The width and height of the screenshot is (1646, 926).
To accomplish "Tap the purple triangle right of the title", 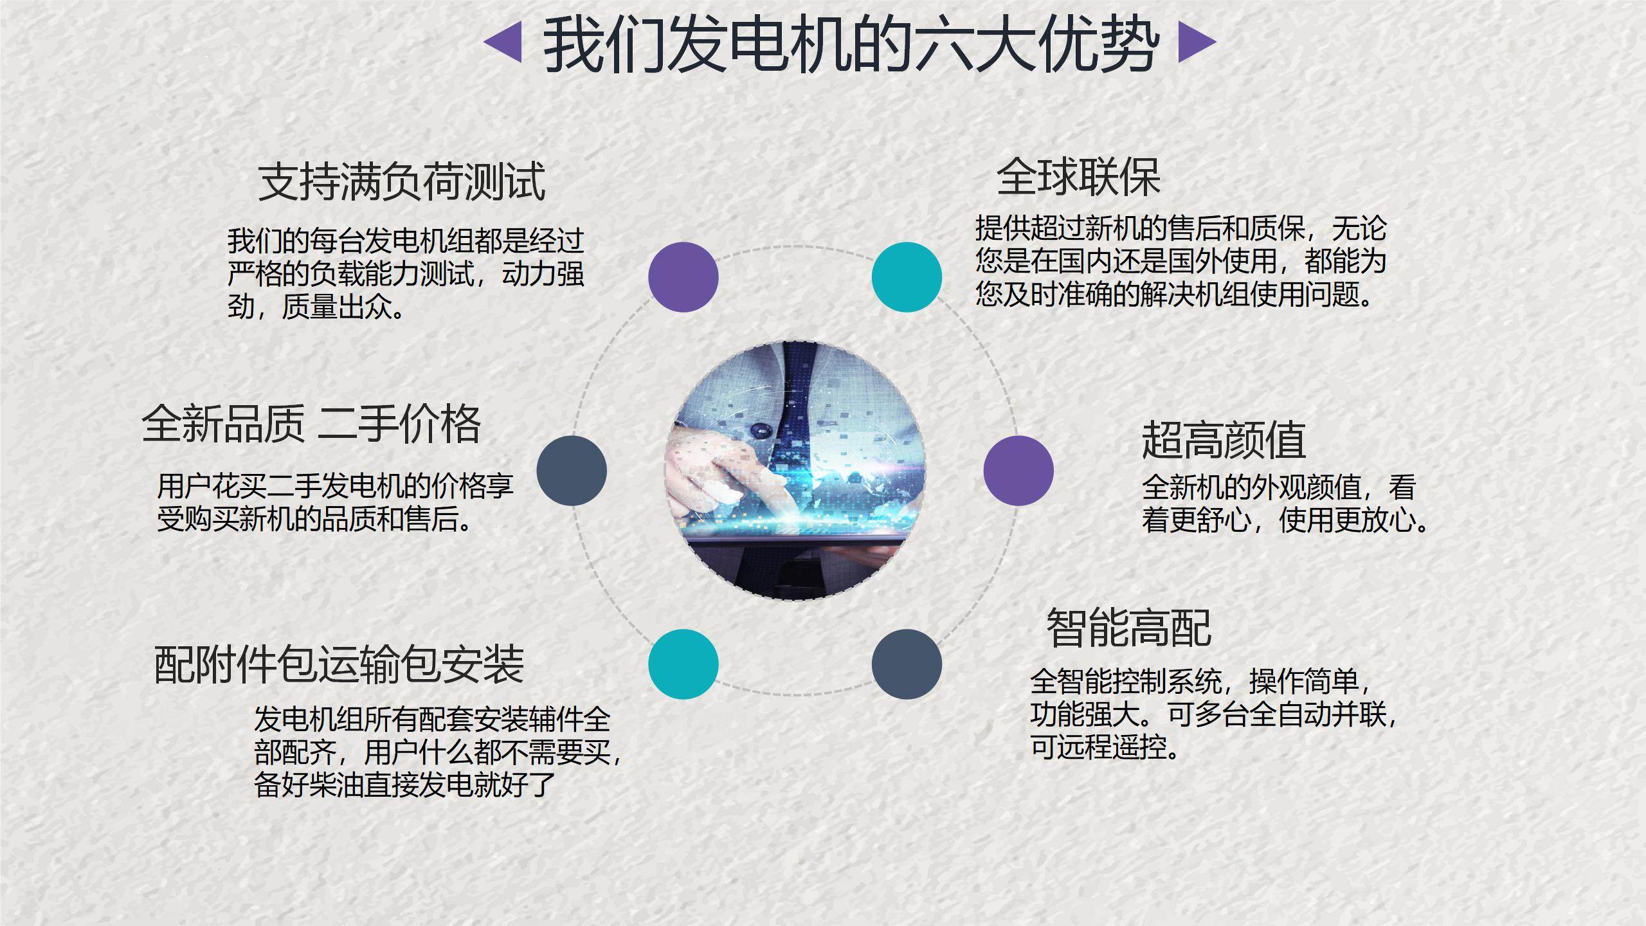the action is [x=1197, y=43].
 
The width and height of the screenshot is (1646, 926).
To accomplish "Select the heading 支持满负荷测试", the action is [x=402, y=181].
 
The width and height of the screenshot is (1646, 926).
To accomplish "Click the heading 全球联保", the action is [x=1078, y=177].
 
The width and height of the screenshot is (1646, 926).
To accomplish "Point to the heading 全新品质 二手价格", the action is [x=311, y=424].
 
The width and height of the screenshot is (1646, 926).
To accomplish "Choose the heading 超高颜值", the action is [x=1224, y=440].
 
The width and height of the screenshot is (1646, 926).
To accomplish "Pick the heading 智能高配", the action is [x=1129, y=628].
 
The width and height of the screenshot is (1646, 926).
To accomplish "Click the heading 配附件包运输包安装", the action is [x=339, y=664].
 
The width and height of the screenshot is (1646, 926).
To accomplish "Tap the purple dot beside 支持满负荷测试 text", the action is [x=683, y=277].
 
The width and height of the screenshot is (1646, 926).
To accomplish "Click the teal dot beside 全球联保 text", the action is [x=907, y=277].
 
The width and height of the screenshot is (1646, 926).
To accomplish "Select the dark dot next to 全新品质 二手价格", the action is [x=572, y=470].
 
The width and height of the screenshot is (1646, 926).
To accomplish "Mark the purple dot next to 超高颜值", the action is [x=1018, y=470].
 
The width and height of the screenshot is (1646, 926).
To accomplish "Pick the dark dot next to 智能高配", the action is [x=907, y=664].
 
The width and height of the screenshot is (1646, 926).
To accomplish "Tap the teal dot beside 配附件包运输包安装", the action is [x=683, y=664].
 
